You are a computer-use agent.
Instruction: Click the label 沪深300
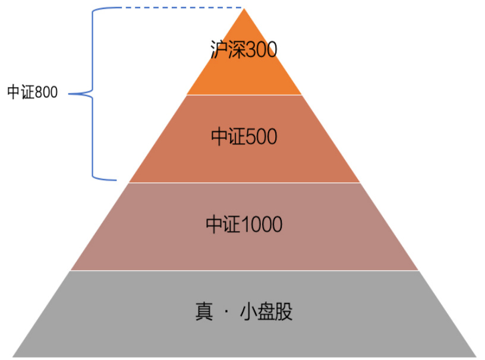pos(244,49)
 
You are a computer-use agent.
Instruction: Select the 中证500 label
pos(244,137)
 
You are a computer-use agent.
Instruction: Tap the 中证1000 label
pos(244,225)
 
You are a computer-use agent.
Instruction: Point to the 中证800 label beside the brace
pos(33,93)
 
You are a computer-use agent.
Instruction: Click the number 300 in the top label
pos(262,50)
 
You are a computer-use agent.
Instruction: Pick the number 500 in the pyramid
pos(262,137)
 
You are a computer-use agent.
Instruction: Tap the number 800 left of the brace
pos(46,93)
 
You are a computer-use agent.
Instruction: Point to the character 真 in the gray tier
pos(203,312)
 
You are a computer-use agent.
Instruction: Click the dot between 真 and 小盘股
pos(226,312)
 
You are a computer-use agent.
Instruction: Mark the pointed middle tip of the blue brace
pos(70,93)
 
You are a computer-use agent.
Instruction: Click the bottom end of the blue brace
pos(114,178)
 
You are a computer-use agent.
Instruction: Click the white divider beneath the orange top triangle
pos(244,95)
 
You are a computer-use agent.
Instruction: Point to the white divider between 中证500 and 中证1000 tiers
pos(244,183)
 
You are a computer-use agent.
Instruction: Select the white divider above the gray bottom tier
pos(244,271)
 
